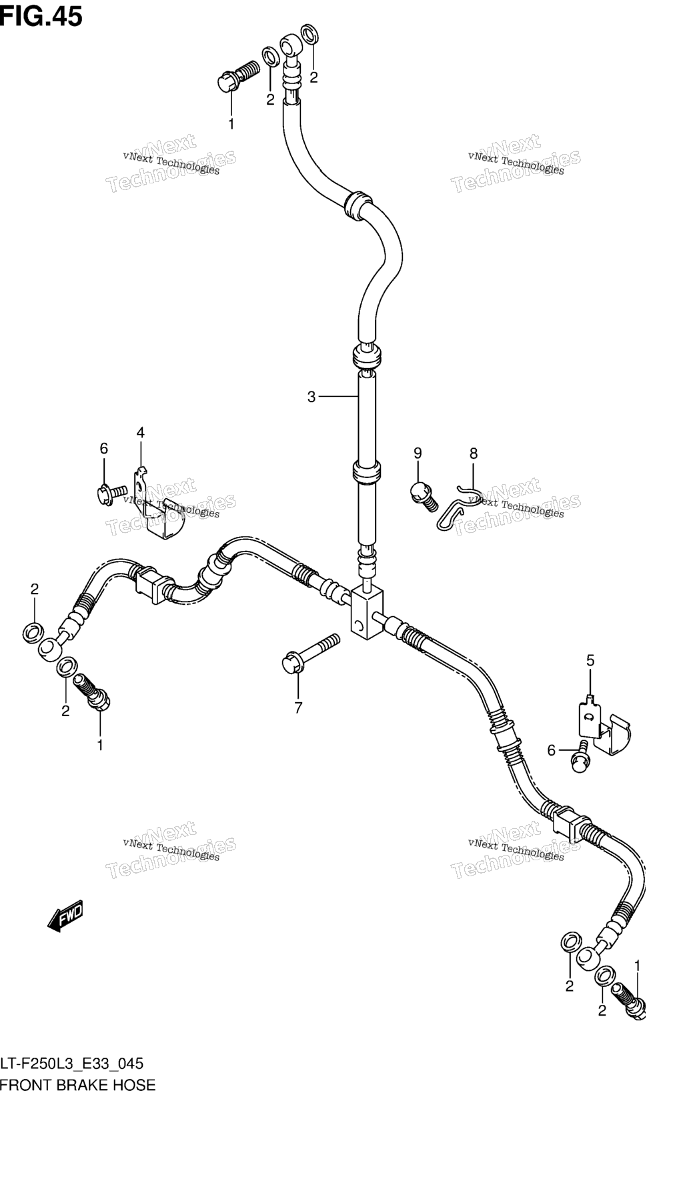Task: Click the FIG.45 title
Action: click(41, 16)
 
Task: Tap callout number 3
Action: click(311, 397)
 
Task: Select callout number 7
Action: click(298, 708)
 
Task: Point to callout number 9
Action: click(418, 453)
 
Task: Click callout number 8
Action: click(474, 454)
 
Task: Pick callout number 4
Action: click(141, 433)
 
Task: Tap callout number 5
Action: click(590, 661)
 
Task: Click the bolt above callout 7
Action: click(310, 653)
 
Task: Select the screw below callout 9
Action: click(424, 495)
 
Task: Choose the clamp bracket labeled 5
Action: click(602, 726)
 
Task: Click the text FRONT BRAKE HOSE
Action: click(78, 1085)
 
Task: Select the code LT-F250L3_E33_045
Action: click(72, 1064)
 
